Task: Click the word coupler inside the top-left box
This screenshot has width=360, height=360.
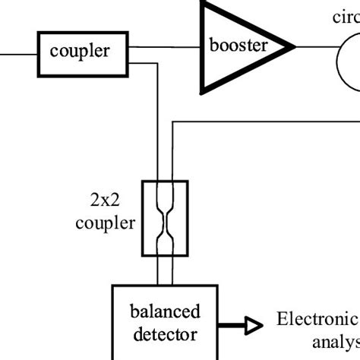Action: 80,52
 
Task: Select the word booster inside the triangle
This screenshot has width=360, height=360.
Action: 238,46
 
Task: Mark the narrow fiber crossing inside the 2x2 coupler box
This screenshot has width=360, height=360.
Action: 165,219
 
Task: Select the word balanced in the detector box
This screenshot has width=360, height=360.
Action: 165,311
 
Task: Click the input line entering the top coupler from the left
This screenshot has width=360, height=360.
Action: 19,53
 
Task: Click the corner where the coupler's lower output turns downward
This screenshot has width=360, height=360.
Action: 157,65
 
